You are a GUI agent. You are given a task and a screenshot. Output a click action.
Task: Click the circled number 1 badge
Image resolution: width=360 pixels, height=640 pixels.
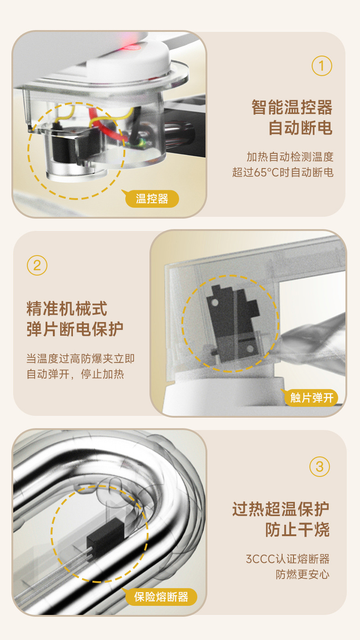322,66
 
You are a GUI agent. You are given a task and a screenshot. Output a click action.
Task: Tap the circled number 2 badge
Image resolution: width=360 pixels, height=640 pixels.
37,265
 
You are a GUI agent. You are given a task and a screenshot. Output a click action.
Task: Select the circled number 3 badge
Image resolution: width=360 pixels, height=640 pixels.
319,466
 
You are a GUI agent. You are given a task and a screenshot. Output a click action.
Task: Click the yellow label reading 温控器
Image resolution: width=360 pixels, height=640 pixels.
152,199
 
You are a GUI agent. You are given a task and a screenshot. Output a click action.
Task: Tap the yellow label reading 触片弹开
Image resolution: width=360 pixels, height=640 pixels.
312,398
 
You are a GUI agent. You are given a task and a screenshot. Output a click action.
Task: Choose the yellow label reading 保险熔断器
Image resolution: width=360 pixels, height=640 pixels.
161,597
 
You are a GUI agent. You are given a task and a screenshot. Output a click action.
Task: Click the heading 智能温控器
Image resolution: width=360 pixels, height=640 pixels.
292,108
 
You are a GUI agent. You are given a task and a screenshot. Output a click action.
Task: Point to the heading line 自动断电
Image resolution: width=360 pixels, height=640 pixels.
300,128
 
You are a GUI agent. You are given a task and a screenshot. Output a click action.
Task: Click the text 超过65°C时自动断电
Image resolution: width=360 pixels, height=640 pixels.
283,173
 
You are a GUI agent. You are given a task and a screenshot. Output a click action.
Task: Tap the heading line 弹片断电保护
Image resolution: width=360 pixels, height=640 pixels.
75,329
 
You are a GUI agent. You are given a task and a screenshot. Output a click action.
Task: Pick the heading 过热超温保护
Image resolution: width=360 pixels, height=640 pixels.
281,509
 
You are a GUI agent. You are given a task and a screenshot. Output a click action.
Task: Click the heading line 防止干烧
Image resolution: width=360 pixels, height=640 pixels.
297,530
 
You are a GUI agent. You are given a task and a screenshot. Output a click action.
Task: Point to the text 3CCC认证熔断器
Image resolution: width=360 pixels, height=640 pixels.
288,559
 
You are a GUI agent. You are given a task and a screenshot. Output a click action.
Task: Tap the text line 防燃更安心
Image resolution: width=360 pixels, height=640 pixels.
303,574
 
